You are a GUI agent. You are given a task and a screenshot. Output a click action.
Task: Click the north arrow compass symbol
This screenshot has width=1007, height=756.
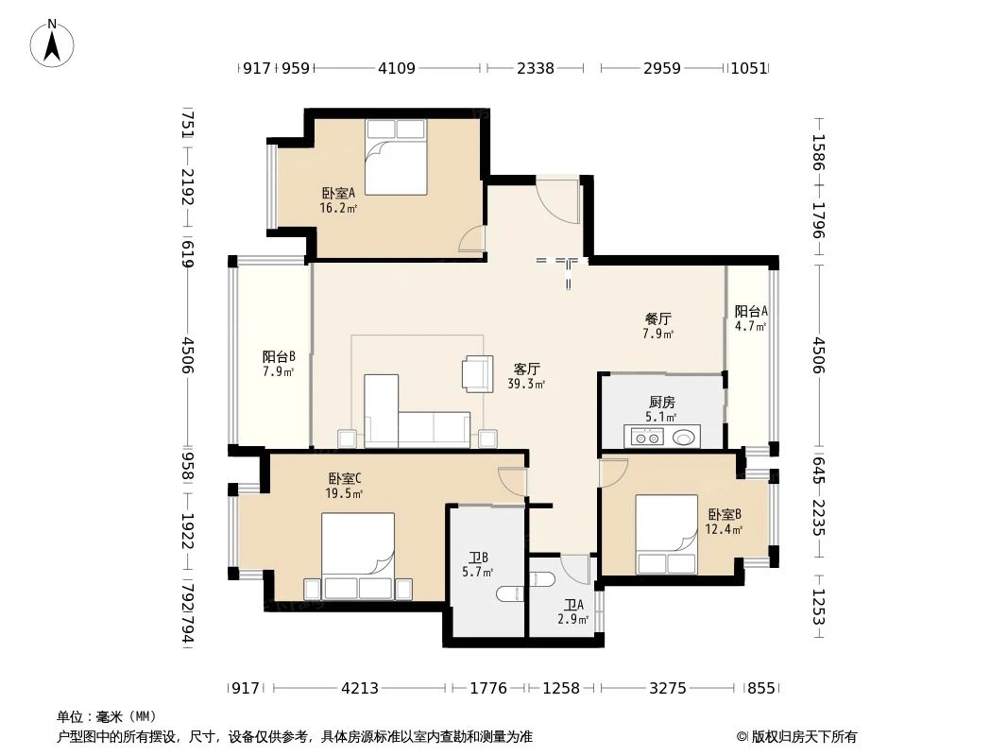point(52,43)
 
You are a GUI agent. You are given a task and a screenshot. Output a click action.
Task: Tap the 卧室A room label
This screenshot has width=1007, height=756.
point(338,199)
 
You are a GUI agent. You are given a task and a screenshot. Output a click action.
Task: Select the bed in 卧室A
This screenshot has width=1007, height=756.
point(396,157)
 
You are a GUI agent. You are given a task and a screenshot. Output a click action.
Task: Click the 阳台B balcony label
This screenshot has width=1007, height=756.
point(279,364)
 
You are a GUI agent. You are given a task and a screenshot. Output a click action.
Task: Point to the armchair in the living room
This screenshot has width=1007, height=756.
point(477,373)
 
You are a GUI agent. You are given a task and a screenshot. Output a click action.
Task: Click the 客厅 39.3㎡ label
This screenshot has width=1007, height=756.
point(526,376)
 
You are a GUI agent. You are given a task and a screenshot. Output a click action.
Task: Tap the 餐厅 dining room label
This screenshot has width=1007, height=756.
point(658,326)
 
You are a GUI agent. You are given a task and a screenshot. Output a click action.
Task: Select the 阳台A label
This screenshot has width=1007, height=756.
point(751,318)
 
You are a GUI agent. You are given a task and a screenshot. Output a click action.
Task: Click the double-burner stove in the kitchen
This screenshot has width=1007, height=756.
point(645,438)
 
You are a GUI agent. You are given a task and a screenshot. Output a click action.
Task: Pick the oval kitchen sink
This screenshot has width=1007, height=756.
point(683,438)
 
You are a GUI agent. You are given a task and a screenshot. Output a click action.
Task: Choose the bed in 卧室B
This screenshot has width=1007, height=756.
point(667,534)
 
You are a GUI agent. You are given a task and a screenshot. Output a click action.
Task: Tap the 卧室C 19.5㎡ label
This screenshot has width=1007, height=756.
point(345,486)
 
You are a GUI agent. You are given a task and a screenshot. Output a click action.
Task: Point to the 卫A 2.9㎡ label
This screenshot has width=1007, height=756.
point(573,612)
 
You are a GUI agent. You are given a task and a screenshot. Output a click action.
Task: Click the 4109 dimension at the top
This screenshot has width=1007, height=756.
point(396,68)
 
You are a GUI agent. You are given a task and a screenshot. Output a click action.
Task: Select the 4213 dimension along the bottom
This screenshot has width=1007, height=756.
point(360,689)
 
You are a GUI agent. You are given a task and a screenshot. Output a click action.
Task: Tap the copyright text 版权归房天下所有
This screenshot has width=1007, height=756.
point(804,737)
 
